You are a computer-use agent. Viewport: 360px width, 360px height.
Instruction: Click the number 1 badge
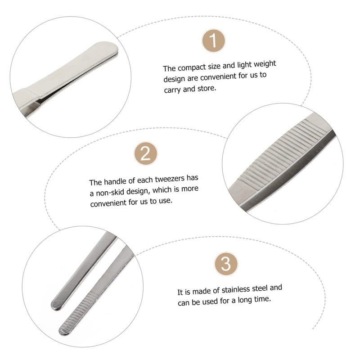[214, 42]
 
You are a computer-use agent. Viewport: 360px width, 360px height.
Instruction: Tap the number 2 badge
[145, 154]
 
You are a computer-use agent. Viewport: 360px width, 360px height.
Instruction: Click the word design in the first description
[173, 79]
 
